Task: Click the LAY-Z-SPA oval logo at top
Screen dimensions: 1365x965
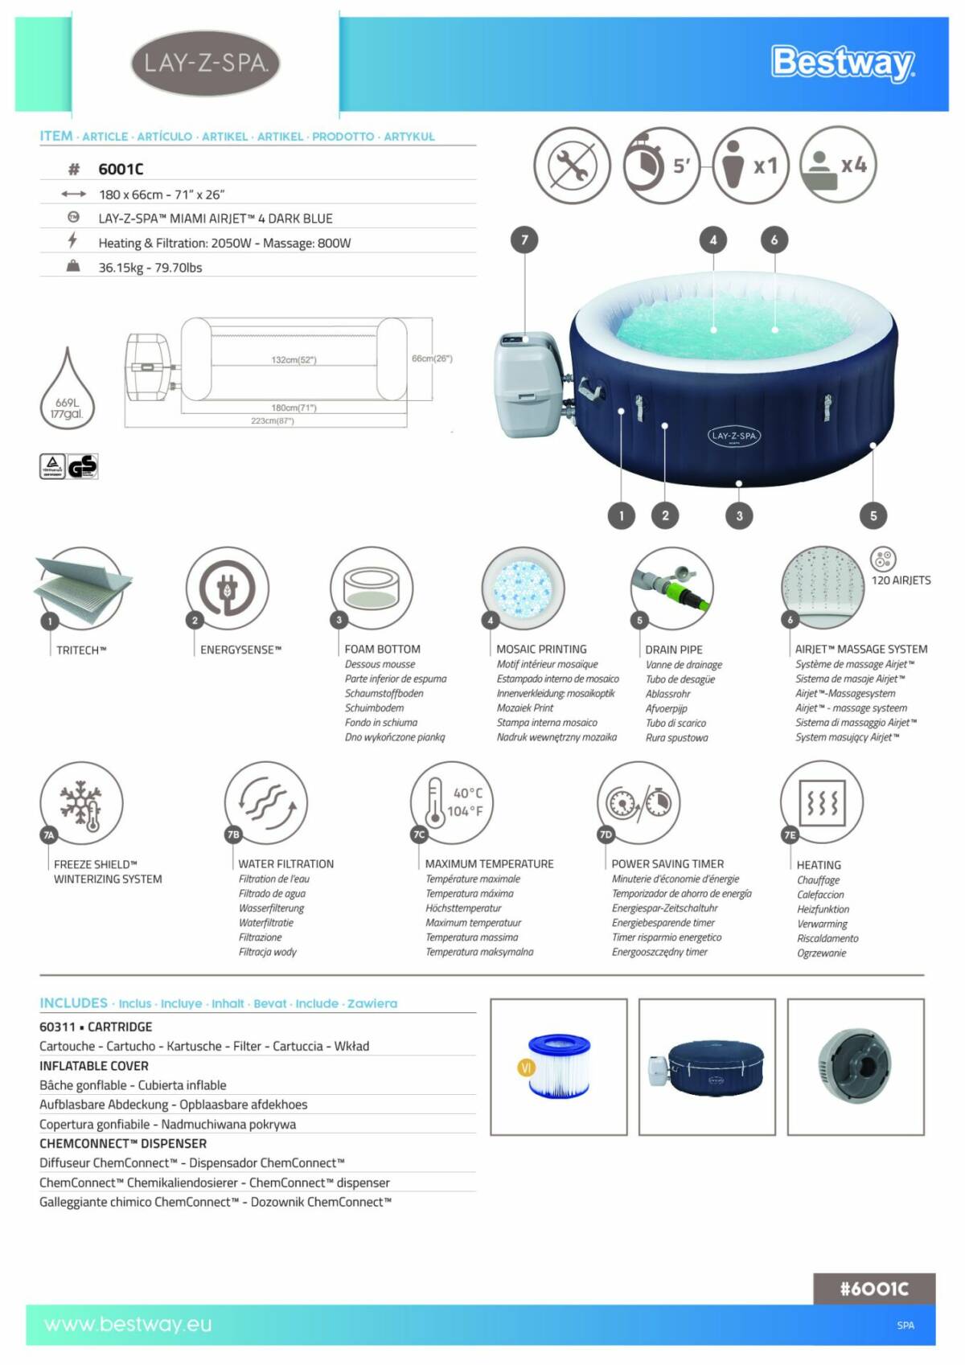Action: point(205,63)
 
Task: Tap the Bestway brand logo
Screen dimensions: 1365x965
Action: point(842,63)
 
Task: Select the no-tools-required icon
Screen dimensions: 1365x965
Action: point(572,166)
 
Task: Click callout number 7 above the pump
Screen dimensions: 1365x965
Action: point(524,240)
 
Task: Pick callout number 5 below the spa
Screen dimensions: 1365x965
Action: point(873,515)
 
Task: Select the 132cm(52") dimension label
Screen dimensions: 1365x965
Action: point(294,359)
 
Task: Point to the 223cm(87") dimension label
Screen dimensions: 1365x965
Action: point(272,420)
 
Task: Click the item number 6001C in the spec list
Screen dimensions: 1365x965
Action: point(121,169)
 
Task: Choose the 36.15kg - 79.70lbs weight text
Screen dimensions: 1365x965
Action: point(150,268)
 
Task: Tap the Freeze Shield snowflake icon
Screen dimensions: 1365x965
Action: point(81,803)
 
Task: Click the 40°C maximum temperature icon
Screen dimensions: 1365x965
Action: point(452,802)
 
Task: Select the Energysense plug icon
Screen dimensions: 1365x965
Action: point(227,588)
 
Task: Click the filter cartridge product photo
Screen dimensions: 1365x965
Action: point(558,1066)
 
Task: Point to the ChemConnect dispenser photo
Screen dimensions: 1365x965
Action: point(855,1066)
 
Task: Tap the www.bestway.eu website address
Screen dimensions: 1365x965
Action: point(128,1324)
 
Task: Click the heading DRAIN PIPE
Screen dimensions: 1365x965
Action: point(674,650)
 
